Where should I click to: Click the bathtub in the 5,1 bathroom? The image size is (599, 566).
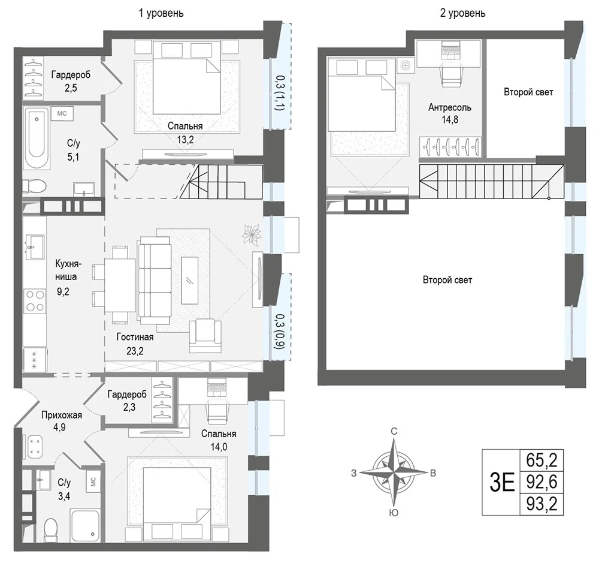37,139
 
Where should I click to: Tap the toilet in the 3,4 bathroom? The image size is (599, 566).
50,529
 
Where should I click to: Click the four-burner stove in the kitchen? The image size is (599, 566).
35,302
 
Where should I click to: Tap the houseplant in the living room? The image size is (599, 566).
252,234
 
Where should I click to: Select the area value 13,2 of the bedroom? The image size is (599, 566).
185,140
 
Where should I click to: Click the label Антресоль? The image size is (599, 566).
450,107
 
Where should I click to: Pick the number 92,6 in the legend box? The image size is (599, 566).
541,482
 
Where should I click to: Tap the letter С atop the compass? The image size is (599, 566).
394,431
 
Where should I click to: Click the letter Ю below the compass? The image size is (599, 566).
394,513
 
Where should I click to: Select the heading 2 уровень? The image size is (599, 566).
462,13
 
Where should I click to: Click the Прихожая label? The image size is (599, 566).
62,415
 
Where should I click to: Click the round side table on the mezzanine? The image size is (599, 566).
406,65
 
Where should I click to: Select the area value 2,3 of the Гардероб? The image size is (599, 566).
129,407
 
